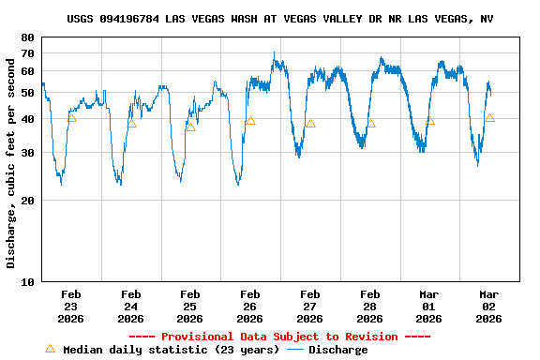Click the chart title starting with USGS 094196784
pos(280,19)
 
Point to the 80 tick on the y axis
pos(26,37)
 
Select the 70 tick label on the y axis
pos(26,53)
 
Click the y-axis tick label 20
pos(26,201)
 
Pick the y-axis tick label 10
pos(26,281)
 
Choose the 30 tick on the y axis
pos(26,153)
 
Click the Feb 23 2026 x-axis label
pos(71,307)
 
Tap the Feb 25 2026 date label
pos(190,307)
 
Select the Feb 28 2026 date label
pos(369,307)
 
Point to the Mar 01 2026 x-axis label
pos(429,307)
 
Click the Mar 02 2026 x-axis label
pos(489,307)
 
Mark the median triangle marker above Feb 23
pos(71,117)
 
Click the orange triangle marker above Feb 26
pos(250,121)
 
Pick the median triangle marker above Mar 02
pos(489,118)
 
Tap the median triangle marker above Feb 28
pos(370,123)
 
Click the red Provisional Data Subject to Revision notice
pos(279,337)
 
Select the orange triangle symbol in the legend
pos(50,349)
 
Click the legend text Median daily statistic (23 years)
pos(171,350)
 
